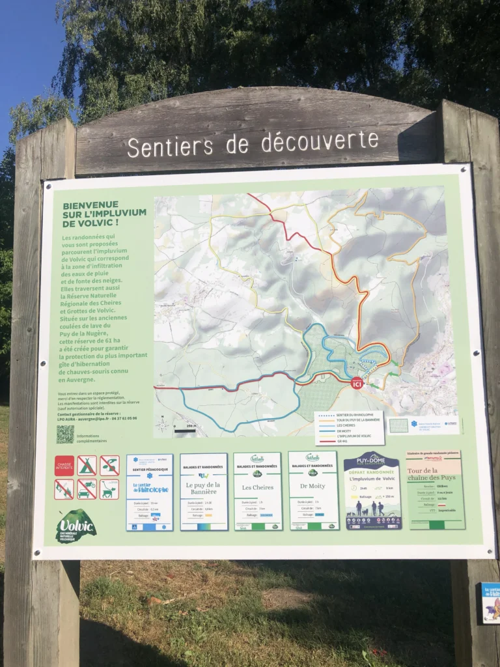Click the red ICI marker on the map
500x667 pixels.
tap(357, 383)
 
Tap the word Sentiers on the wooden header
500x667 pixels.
tap(171, 146)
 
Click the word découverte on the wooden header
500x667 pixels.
tap(320, 141)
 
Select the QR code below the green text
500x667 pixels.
tap(65, 434)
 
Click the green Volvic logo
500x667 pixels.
tap(76, 526)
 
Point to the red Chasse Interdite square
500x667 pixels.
tap(64, 465)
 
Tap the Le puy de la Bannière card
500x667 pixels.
tap(204, 492)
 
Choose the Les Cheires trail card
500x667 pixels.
tap(258, 491)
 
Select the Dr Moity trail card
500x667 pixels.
tap(313, 490)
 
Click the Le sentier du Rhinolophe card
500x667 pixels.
tap(150, 492)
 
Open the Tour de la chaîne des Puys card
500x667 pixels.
tap(435, 489)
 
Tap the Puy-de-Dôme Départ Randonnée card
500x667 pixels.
tap(372, 490)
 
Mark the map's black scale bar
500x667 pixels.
tap(185, 431)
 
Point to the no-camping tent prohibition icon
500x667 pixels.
tap(87, 465)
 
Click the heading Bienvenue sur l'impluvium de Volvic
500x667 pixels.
tap(104, 214)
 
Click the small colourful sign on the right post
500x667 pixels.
tap(490, 603)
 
